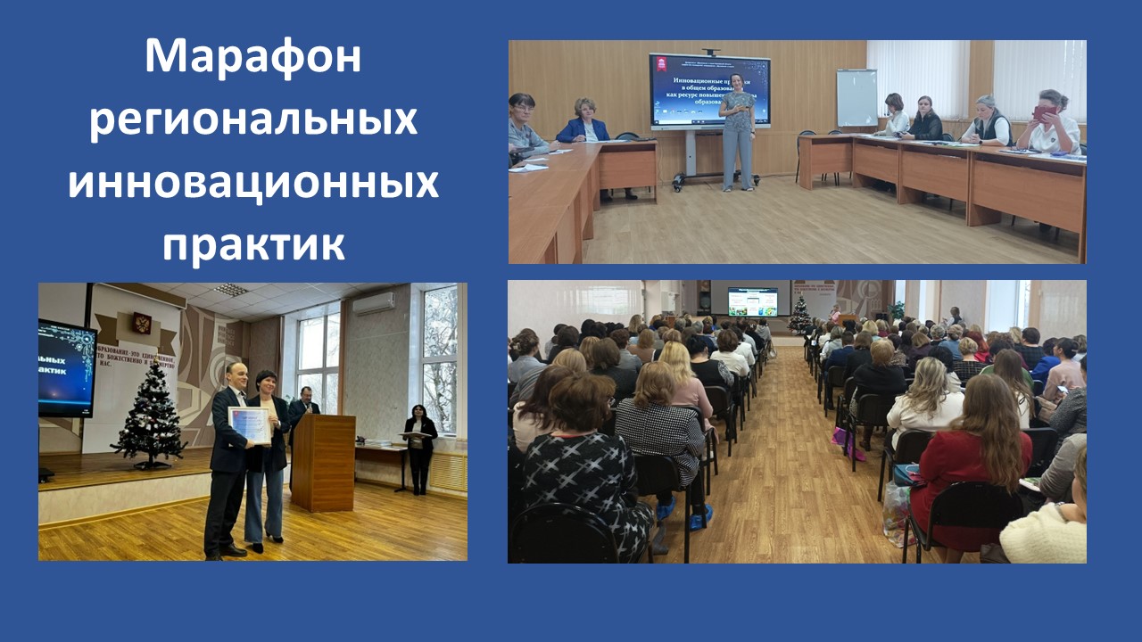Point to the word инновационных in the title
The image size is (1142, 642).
click(x=253, y=182)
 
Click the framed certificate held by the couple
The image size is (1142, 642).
click(x=250, y=425)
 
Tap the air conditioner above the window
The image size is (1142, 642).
click(x=373, y=303)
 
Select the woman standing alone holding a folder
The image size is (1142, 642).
click(x=419, y=446)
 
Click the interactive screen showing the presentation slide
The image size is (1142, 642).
click(x=709, y=91)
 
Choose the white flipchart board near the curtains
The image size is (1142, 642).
click(x=856, y=97)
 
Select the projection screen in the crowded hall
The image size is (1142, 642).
click(x=752, y=301)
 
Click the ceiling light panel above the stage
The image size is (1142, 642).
click(x=231, y=290)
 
